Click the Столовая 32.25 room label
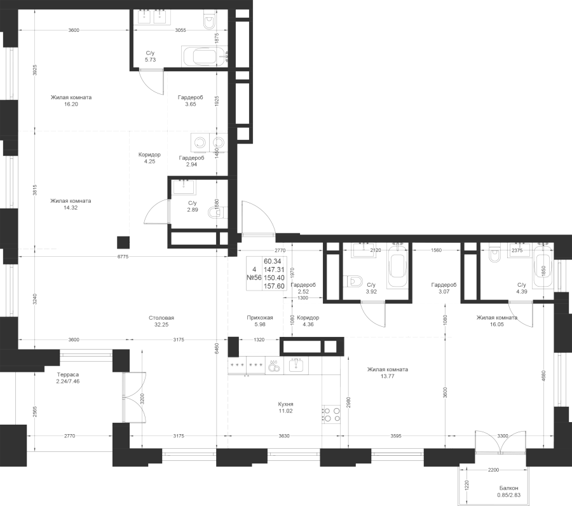pyautogui.click(x=161, y=321)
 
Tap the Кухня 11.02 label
pyautogui.click(x=285, y=407)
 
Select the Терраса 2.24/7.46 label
pyautogui.click(x=68, y=378)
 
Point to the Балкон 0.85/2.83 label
pyautogui.click(x=509, y=492)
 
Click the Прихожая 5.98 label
pyautogui.click(x=260, y=321)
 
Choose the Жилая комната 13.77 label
pyautogui.click(x=388, y=373)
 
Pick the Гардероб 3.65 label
pyautogui.click(x=191, y=100)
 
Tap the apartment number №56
pyautogui.click(x=254, y=278)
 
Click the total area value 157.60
pyautogui.click(x=274, y=287)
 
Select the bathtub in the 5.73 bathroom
pyautogui.click(x=204, y=57)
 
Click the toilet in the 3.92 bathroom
pyautogui.click(x=354, y=282)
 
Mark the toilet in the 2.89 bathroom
pyautogui.click(x=216, y=212)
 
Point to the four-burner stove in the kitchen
pyautogui.click(x=331, y=414)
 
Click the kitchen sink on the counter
pyautogui.click(x=298, y=365)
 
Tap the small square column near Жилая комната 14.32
pyautogui.click(x=123, y=243)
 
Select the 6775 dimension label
pyautogui.click(x=123, y=257)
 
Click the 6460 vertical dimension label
pyautogui.click(x=217, y=348)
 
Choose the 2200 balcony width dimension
pyautogui.click(x=493, y=470)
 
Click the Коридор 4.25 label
pyautogui.click(x=149, y=158)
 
